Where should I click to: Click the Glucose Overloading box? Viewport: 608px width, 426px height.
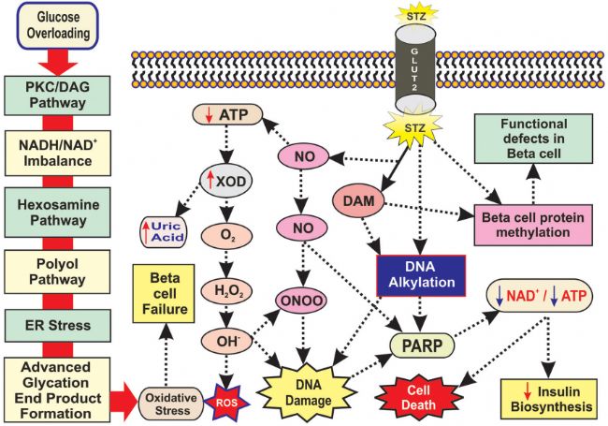click(57, 25)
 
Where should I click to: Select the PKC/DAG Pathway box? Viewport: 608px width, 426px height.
click(57, 95)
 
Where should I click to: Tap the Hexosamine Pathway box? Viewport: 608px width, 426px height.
click(57, 213)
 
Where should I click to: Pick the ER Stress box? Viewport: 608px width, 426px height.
click(57, 326)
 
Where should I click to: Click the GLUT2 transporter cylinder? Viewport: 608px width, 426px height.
click(415, 69)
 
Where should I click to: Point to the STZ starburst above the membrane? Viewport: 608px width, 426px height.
click(416, 16)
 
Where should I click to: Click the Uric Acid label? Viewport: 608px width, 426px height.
click(164, 232)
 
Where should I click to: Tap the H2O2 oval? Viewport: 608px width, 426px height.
click(226, 291)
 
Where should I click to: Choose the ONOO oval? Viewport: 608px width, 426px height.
click(301, 301)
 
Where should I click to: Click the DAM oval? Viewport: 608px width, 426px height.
click(358, 201)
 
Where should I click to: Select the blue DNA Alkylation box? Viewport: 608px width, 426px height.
click(421, 275)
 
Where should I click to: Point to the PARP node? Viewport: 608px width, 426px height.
click(422, 345)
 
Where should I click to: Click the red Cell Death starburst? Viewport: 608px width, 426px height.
click(419, 398)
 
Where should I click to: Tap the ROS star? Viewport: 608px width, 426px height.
click(227, 403)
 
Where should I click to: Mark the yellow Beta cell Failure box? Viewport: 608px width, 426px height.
click(164, 294)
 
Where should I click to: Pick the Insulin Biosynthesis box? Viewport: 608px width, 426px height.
click(549, 399)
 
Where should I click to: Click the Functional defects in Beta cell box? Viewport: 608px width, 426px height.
click(533, 139)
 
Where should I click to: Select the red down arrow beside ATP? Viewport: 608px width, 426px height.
click(209, 115)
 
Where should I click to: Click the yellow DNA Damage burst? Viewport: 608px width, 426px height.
click(308, 392)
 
